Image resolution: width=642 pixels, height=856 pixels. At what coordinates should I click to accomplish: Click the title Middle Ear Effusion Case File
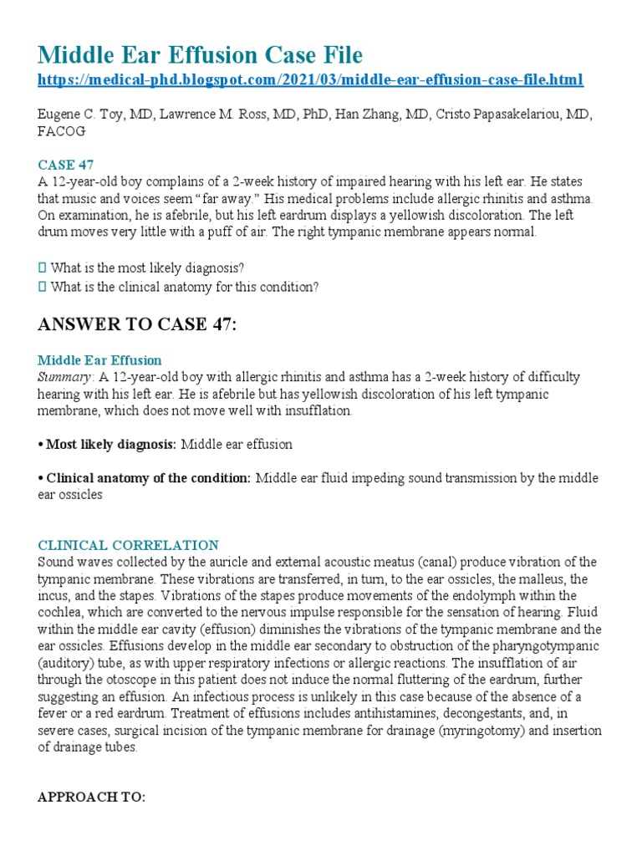coord(201,56)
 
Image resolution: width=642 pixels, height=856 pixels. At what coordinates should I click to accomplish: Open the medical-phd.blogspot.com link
coord(311,80)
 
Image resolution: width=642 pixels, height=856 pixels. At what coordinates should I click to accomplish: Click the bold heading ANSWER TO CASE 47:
coord(137,325)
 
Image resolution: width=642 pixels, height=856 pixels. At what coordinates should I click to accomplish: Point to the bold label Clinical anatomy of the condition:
coord(149,478)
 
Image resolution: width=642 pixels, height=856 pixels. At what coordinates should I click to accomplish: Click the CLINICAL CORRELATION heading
coord(128,545)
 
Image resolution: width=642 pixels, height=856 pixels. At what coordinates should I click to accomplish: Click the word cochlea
coord(59,612)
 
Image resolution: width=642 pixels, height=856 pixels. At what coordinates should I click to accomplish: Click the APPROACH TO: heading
coord(92,797)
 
